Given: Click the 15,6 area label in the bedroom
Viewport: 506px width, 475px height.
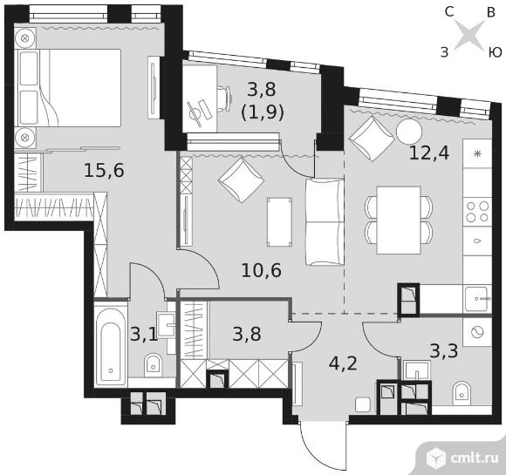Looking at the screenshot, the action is (x=104, y=170).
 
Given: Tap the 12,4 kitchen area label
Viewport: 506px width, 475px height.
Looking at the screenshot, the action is (x=429, y=153).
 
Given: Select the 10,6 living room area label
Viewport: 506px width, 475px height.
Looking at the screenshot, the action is (x=262, y=270).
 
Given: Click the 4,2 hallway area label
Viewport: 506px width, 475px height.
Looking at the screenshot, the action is (x=343, y=363).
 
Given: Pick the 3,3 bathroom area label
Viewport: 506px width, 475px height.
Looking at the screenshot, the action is (x=444, y=351).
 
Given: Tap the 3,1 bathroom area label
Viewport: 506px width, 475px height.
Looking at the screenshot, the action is (x=144, y=334).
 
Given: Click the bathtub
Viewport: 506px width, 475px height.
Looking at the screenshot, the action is (x=111, y=343).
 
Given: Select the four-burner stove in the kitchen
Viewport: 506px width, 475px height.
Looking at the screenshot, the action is (x=477, y=212).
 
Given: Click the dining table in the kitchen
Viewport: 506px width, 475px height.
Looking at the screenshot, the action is (x=399, y=221).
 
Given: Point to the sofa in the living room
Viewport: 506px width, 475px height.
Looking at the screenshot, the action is (x=325, y=222).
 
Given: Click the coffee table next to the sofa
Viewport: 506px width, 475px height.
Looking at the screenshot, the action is (x=279, y=222).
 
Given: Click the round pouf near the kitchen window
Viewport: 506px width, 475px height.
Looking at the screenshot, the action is (x=409, y=132).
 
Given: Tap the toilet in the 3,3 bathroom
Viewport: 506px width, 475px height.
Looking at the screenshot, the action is (x=462, y=394).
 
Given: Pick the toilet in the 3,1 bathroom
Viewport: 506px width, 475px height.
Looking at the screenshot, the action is (x=153, y=366).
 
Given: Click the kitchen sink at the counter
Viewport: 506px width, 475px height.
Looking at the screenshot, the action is (x=476, y=299).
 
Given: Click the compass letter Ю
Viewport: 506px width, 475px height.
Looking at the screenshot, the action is (x=494, y=52).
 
